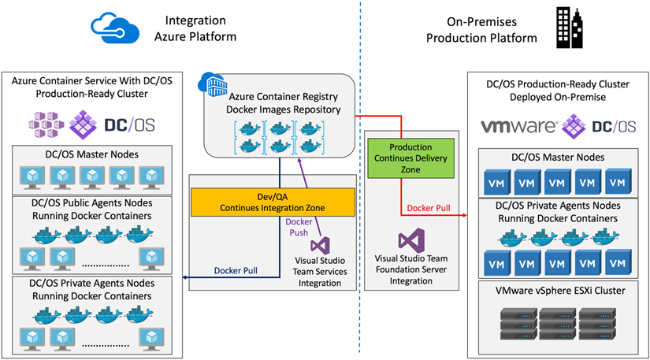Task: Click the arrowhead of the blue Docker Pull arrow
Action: point(184,277)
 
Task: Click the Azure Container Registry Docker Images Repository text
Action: point(280,102)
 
